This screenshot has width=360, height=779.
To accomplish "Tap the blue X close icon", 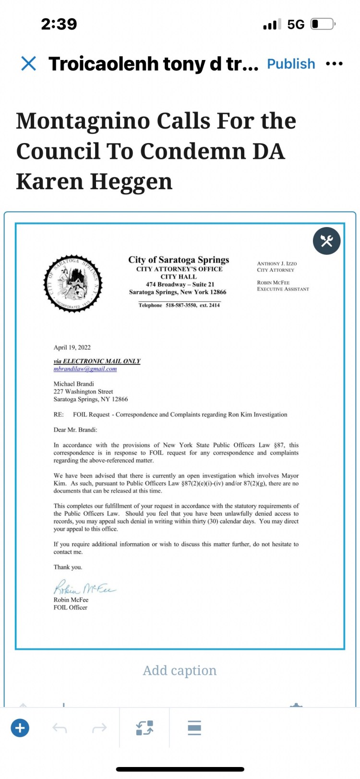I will coord(29,63).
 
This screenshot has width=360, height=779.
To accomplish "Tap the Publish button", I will coord(291,64).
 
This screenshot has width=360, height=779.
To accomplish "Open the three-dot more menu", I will coord(334,63).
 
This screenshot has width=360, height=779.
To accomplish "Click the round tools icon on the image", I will coord(326,240).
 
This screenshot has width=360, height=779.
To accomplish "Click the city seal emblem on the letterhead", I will coord(73,283).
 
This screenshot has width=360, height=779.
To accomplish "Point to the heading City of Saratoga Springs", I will coord(179,260).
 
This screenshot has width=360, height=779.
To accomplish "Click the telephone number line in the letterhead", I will coord(179,305).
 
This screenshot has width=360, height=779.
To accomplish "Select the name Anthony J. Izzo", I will coord(277,264).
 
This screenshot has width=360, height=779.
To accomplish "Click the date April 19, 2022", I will coord(72,348).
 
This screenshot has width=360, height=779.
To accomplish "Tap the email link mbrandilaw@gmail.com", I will coord(85,369).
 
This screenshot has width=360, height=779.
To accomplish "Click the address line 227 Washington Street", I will coord(83,392).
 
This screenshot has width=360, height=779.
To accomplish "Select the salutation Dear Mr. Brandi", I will coord(75,430).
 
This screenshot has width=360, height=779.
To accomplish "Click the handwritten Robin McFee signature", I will coord(84,588).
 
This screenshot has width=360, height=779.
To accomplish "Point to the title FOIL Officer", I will coord(71,608).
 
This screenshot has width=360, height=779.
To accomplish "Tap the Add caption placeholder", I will coord(180,671).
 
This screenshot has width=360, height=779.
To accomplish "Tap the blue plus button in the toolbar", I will coord(20,728).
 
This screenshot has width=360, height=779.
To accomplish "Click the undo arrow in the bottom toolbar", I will coord(60,728).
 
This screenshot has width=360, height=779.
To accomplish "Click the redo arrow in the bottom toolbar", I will coord(99,728).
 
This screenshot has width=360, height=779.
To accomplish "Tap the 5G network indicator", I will coord(296,24).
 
